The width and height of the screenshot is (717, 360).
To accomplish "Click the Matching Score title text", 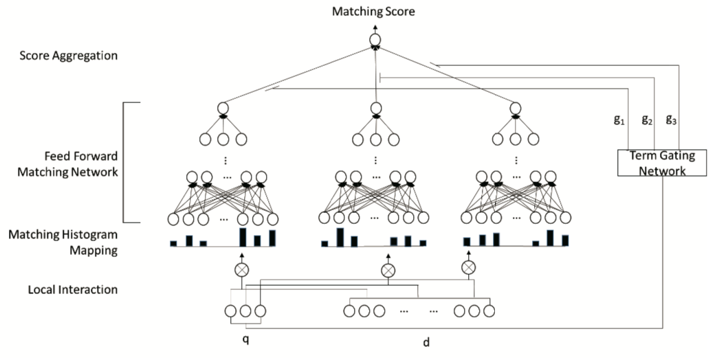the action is coord(373,12).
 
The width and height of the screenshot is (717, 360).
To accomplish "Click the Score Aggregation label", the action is coord(69,56).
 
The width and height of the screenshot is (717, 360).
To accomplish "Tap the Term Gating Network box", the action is coord(662,163).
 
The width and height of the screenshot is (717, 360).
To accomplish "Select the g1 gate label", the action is coord(619,120).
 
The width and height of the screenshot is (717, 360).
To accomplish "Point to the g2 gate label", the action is coord(647,120).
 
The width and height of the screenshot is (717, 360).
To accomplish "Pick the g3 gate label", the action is coord(671,120).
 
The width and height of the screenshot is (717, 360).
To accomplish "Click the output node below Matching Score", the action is coord(375,40).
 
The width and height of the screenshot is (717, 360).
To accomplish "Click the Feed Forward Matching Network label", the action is coord(67,164).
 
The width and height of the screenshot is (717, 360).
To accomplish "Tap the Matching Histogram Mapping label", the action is coord(63,243).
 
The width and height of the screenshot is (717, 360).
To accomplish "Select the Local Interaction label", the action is coord(73,290).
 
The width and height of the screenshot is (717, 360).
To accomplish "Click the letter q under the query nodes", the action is coord(245,340).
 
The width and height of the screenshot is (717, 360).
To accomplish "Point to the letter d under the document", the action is coord(426,341).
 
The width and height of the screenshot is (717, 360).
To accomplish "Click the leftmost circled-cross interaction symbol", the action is coord(241,270).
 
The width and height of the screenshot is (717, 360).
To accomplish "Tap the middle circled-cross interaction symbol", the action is coord(388,271).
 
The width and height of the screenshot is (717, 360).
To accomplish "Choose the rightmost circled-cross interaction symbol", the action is coord(468,267).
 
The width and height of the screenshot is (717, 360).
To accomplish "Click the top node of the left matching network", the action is coord(223,109).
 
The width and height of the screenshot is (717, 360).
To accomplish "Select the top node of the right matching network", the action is coord(516,109).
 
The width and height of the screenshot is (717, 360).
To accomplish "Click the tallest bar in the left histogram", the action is coord(243,237).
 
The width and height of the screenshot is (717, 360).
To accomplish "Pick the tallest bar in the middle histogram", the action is coord(340,237).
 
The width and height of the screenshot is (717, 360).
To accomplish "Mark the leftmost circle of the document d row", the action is coord(349,311).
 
